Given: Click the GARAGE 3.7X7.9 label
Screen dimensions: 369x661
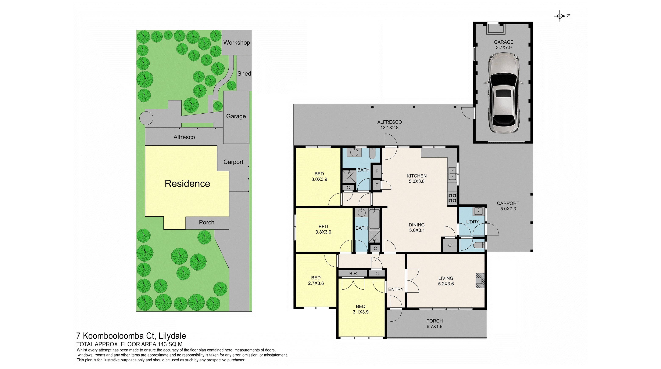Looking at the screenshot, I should click(x=503, y=45).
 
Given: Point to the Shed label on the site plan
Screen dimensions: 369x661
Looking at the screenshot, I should click(x=244, y=74).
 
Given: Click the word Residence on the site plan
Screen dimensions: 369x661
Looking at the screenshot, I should click(x=187, y=183).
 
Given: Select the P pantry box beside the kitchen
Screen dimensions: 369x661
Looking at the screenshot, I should click(x=377, y=185).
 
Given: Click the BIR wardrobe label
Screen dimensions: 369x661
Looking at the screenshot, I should click(x=353, y=273).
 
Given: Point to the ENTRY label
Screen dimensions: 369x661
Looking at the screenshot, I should click(x=396, y=289).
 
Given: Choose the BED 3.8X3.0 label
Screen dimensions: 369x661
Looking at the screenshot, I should click(x=323, y=229).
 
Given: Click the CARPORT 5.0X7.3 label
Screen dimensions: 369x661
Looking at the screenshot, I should click(x=508, y=206).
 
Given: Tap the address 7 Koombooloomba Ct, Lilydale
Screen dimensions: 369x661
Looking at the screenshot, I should click(x=131, y=336).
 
